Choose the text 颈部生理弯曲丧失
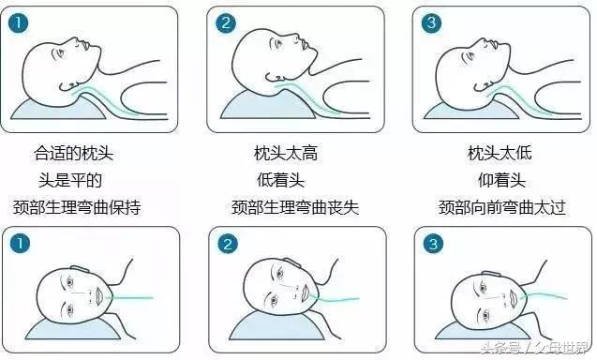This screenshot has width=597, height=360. (294, 206)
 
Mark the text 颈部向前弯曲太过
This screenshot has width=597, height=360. (502, 206)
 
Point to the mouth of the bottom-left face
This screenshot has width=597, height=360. (98, 298)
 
